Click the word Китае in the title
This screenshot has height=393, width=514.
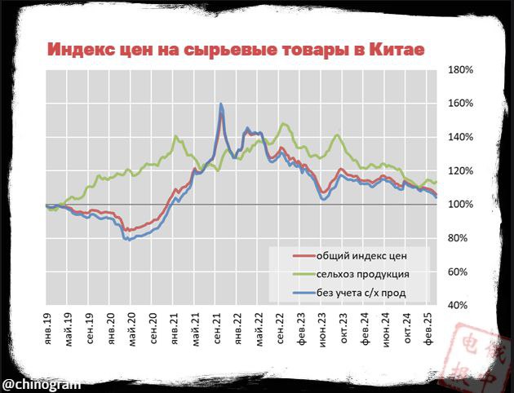[397, 49]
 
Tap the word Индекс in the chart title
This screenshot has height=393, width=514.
[80, 49]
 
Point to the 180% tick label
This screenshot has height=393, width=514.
[461, 70]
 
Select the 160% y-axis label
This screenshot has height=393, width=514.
[461, 104]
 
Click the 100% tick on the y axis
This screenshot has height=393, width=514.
[461, 204]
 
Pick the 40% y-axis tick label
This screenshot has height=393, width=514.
[459, 305]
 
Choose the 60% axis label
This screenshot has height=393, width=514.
[459, 272]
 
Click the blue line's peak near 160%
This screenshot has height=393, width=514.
[221, 104]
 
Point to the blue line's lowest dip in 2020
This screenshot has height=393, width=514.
[128, 240]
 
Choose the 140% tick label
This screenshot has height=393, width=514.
[461, 137]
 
